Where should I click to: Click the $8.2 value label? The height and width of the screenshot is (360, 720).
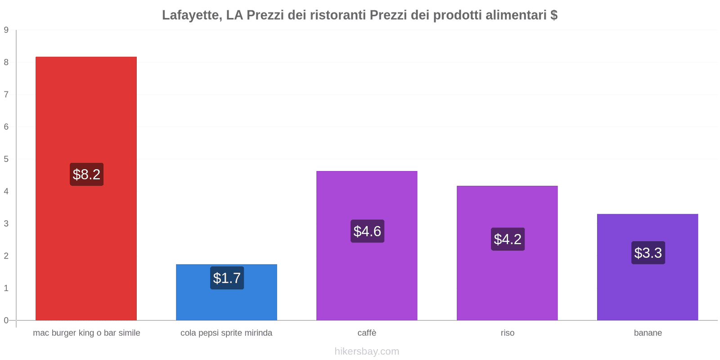[x=86, y=175]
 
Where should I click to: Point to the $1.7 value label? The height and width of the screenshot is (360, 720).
[x=227, y=278]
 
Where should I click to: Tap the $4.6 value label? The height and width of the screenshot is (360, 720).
[x=367, y=231]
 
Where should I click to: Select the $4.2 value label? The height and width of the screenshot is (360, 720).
[x=508, y=239]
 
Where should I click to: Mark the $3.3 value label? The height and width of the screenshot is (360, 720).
[x=648, y=253]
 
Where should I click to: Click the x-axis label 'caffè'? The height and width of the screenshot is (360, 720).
[x=367, y=333]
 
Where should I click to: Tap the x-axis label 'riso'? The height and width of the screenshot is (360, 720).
[x=507, y=333]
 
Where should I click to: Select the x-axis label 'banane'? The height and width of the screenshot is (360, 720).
[x=648, y=333]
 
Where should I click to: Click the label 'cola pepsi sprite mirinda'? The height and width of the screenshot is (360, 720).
[x=226, y=333]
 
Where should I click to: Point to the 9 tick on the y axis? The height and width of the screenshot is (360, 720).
[x=6, y=30]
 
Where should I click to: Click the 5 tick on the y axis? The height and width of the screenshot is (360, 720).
[x=6, y=159]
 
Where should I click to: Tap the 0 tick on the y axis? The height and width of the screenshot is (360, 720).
[x=6, y=320]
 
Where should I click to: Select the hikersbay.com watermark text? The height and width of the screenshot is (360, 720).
[x=367, y=351]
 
